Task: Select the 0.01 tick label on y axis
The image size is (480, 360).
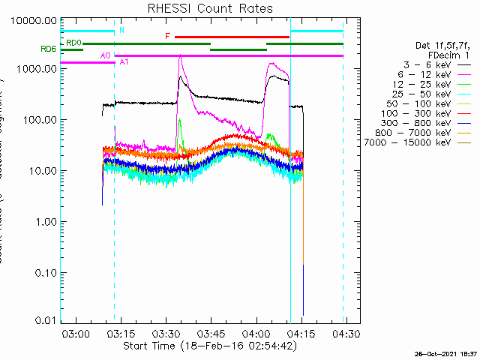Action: point(43,321)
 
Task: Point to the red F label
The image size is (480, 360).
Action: point(168,36)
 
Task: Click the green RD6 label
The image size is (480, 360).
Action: point(48,49)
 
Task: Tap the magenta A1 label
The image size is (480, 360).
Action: point(124,61)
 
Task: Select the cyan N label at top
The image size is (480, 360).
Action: point(121,30)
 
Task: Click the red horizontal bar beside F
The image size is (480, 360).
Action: point(232,37)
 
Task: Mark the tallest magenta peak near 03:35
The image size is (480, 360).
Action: point(180,56)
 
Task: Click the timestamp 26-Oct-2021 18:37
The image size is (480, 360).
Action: point(445,353)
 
